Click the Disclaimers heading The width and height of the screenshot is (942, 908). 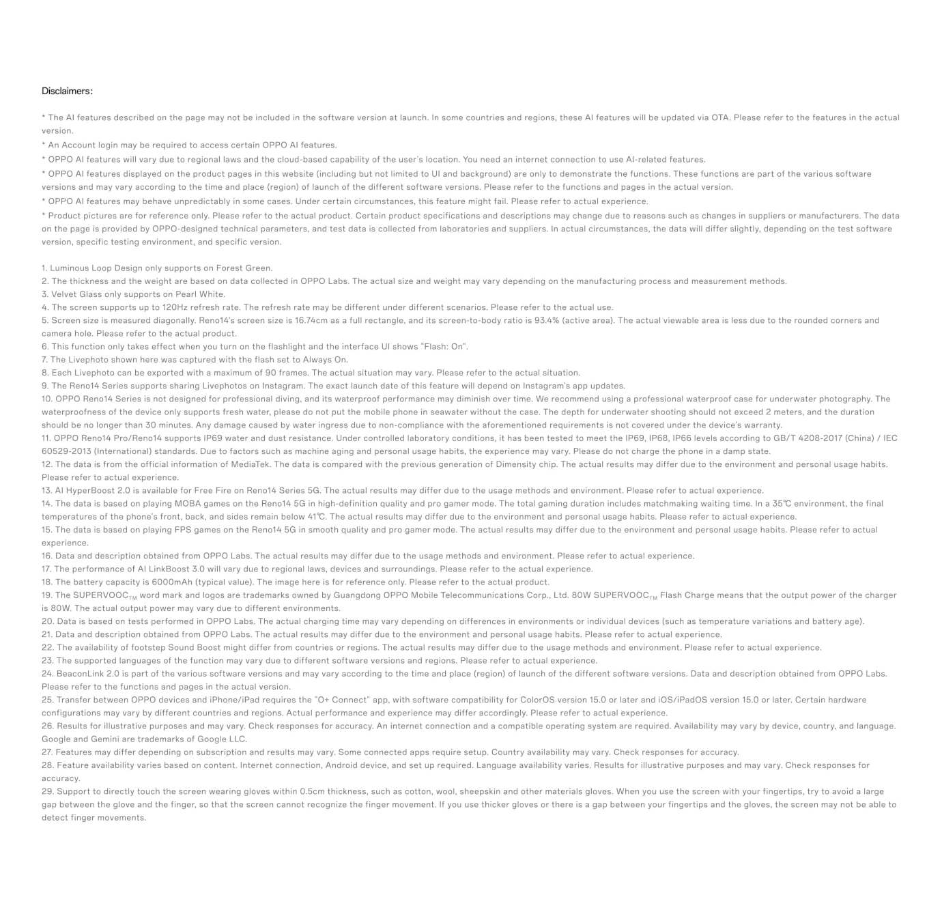(x=67, y=91)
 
